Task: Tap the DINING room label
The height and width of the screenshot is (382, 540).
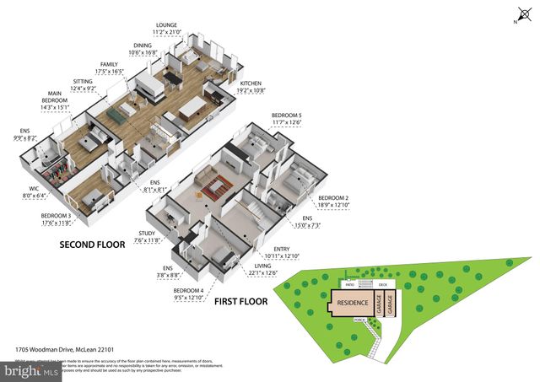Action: [143, 48]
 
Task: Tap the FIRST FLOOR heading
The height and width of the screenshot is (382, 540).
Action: [240, 301]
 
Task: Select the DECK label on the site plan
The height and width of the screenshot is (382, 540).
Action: [383, 285]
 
